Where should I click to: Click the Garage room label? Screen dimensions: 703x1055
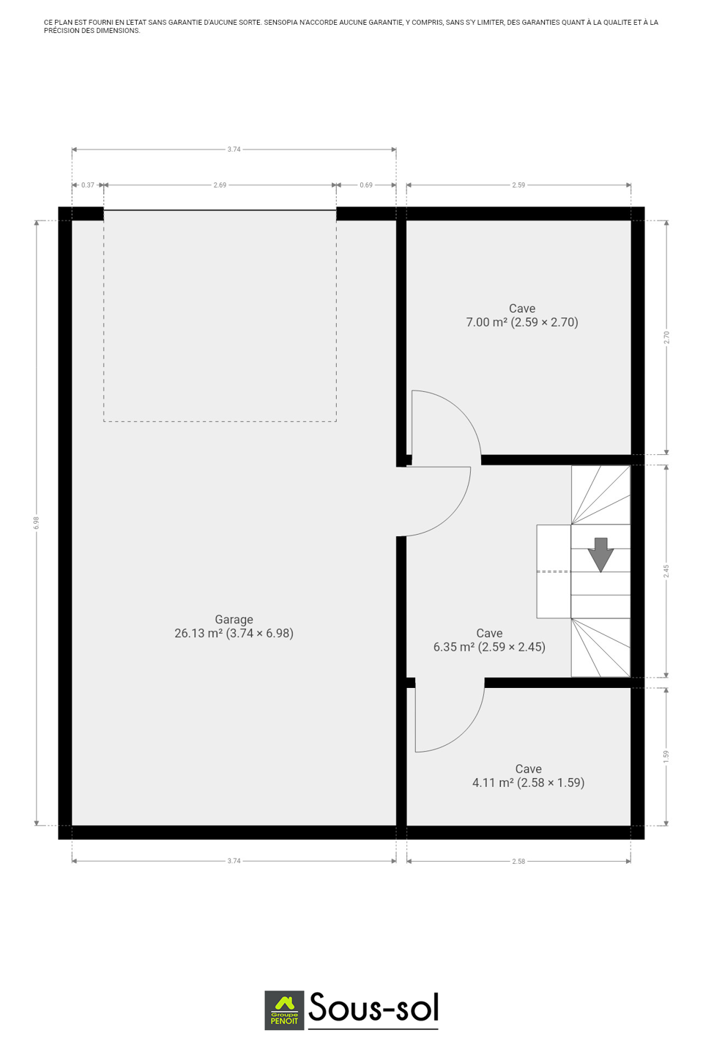click(x=234, y=626)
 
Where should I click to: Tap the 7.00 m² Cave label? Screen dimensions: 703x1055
click(x=521, y=315)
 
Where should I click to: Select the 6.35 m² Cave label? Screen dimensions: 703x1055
click(x=489, y=640)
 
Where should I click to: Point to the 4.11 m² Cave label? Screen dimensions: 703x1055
click(x=528, y=775)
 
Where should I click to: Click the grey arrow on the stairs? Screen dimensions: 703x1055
click(x=600, y=555)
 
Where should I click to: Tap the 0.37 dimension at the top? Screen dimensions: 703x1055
click(x=88, y=185)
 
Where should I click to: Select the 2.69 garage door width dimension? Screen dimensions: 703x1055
click(x=220, y=185)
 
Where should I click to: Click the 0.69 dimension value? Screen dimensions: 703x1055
click(x=366, y=185)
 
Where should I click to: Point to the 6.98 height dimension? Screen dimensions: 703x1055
click(x=37, y=523)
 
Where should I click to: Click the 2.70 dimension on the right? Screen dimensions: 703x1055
click(x=666, y=337)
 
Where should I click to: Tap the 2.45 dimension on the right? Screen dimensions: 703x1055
click(x=666, y=571)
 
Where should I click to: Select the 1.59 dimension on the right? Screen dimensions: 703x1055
click(x=666, y=756)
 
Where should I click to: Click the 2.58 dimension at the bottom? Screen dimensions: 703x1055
click(x=518, y=862)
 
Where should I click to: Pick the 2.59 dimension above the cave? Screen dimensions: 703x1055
click(x=518, y=185)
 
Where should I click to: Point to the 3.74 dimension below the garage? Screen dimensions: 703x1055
click(x=234, y=861)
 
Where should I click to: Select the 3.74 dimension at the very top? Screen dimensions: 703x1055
click(x=234, y=149)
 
